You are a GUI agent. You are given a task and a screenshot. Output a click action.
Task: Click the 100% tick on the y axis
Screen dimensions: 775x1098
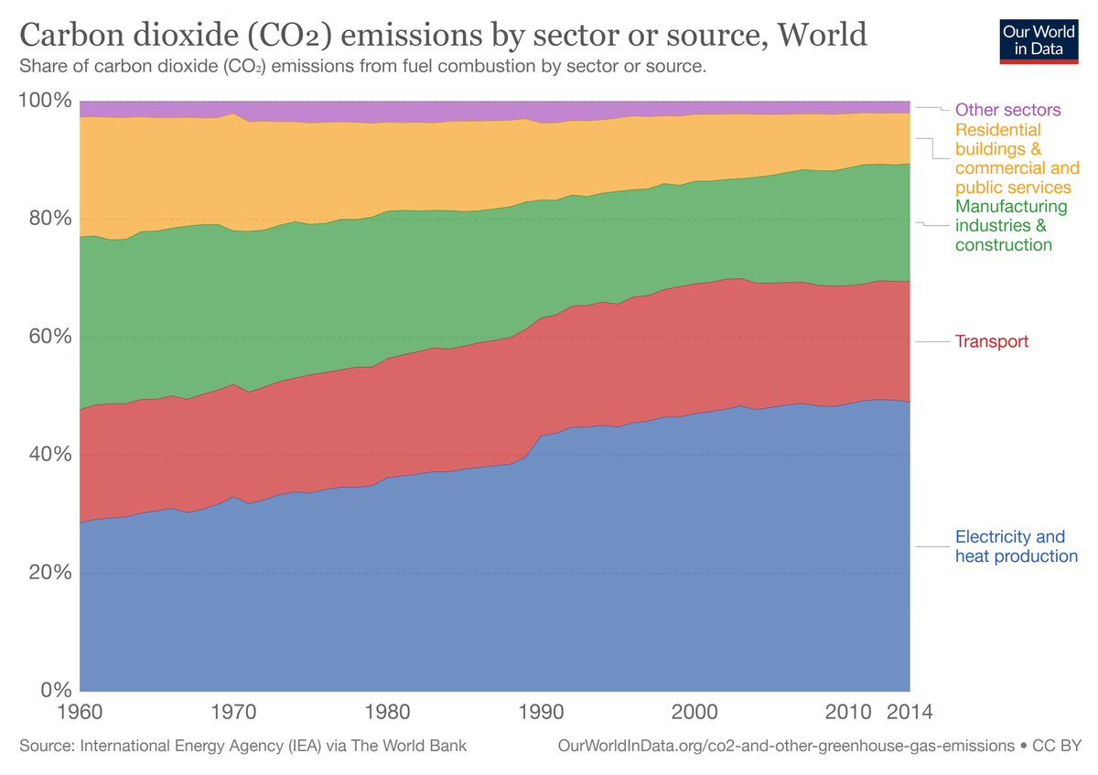(44, 100)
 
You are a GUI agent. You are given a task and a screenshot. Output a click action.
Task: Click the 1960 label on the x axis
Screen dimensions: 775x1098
(81, 712)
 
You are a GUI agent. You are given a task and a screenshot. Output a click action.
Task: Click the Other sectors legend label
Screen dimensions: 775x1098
(1007, 110)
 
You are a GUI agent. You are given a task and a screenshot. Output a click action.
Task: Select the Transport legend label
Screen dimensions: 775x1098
(992, 341)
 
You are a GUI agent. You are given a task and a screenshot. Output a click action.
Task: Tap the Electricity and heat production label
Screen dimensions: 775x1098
(1016, 546)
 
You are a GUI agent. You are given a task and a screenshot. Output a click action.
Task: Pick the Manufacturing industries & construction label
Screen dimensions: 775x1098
(1010, 226)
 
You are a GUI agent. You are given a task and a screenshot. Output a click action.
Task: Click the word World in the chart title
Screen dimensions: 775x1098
(822, 36)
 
